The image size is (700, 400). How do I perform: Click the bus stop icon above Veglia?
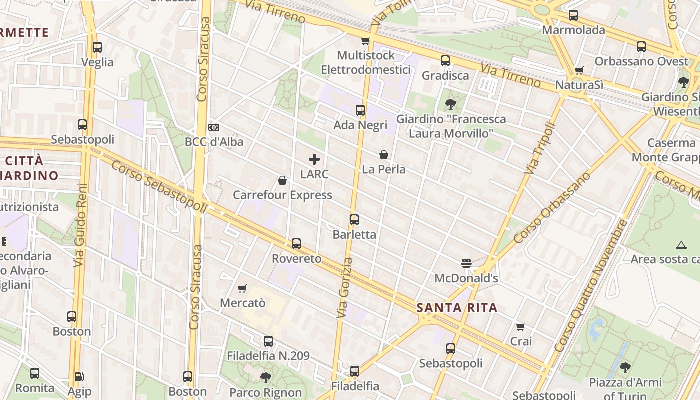point(97,47)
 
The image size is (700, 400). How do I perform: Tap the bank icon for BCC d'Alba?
point(214,127)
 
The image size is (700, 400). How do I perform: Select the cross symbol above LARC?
point(314,159)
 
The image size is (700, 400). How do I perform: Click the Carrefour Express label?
point(282,195)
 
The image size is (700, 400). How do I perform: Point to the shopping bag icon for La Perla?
point(384,155)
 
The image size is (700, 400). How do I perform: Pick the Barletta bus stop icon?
point(354,219)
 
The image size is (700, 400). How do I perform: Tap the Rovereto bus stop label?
point(296,258)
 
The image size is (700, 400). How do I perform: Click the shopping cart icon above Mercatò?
point(242,288)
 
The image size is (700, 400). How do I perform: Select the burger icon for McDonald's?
point(466,263)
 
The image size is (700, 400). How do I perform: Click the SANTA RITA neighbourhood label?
point(457,308)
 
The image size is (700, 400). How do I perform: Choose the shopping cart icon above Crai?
point(521,327)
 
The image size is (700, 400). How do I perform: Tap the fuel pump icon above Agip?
point(79,377)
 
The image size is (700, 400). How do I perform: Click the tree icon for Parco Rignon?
point(266,377)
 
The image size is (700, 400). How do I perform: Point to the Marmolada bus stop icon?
point(573,15)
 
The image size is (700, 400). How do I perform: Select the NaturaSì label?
point(579,85)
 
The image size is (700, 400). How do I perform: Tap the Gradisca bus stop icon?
point(445,61)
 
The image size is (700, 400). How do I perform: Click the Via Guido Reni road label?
point(81,226)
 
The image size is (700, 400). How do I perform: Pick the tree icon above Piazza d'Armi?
point(625,368)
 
